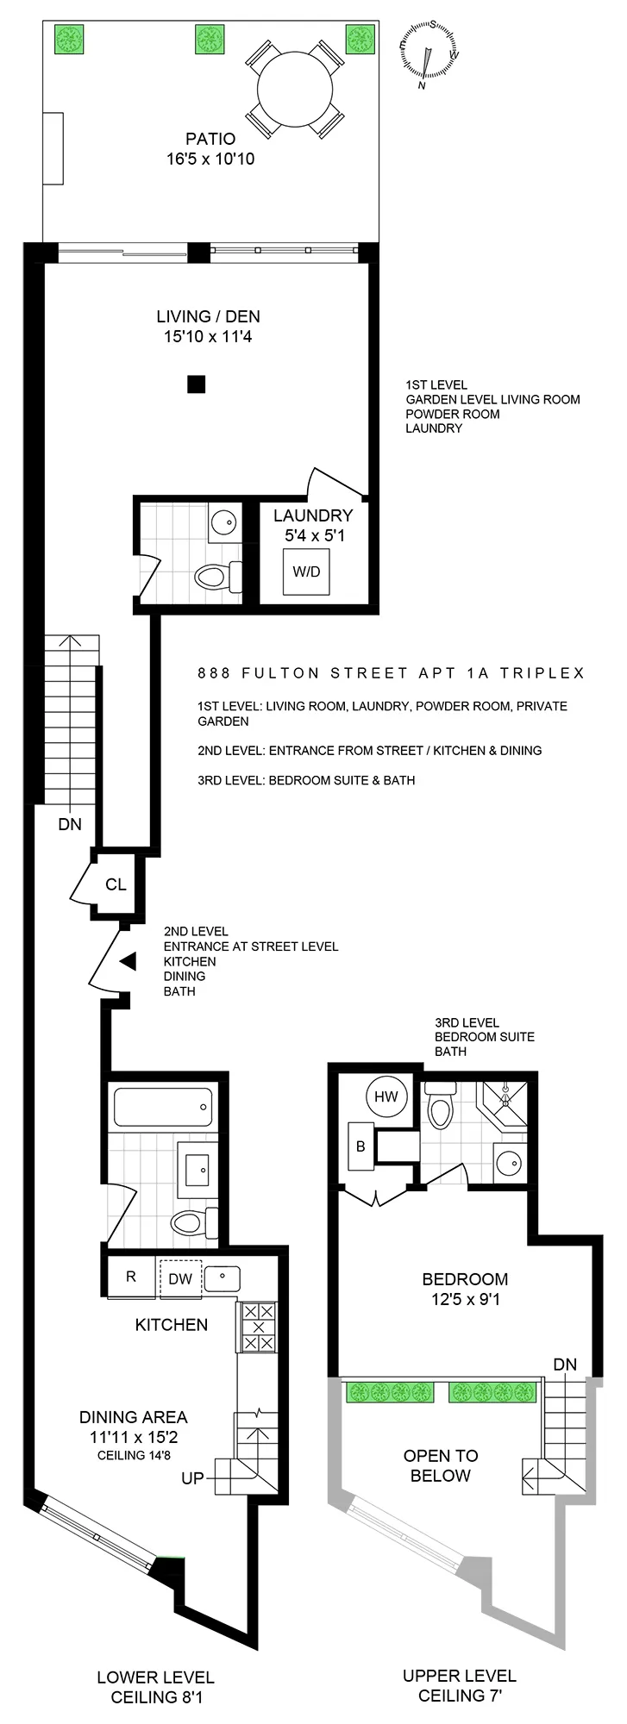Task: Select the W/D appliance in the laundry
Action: click(x=306, y=572)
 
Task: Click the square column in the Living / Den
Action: click(x=197, y=385)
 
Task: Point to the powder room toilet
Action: click(x=215, y=575)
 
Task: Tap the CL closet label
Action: click(x=116, y=884)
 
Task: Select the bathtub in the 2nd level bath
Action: click(x=163, y=1106)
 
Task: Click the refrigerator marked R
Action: click(x=131, y=1277)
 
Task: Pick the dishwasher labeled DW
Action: click(x=180, y=1278)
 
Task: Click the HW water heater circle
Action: click(x=386, y=1096)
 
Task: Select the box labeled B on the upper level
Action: click(x=361, y=1146)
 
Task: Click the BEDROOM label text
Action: click(x=464, y=1279)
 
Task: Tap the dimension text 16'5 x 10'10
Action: click(x=210, y=159)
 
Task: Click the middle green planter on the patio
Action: click(x=210, y=39)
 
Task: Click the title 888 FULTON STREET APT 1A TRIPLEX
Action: click(x=391, y=673)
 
